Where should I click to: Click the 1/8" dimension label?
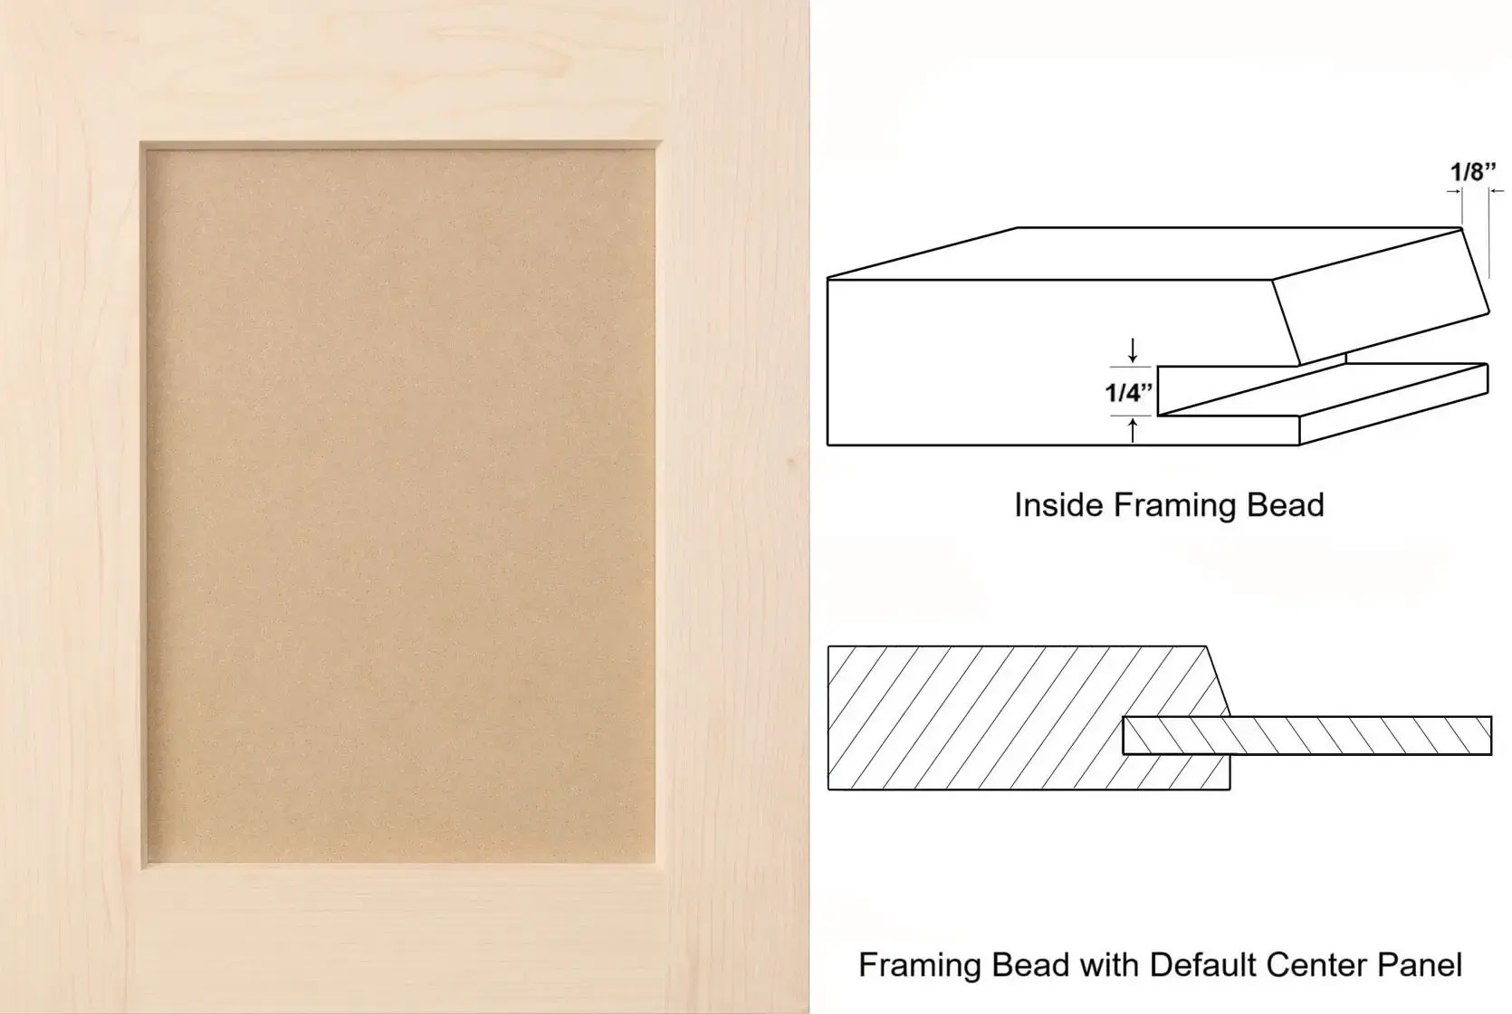pos(1474,171)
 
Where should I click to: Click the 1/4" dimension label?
pos(1128,391)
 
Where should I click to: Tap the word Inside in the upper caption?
pos(1059,505)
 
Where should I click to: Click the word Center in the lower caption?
pos(1316,965)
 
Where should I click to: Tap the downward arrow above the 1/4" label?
pos(1133,349)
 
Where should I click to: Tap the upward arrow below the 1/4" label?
pos(1133,430)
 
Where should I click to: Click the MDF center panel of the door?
pos(400,505)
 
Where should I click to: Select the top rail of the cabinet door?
pos(405,71)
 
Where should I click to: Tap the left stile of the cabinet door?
pos(71,506)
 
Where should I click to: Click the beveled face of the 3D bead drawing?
pos(1381,296)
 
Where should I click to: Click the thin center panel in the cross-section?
pos(1307,735)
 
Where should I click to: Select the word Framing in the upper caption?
pos(1175,506)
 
